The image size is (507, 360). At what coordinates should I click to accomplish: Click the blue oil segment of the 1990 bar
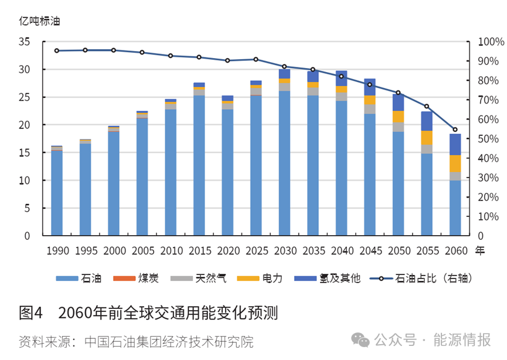coord(57,193)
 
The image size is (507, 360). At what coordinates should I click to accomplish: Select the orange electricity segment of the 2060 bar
coord(455,164)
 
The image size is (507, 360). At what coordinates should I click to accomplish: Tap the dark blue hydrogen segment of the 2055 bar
coord(427,121)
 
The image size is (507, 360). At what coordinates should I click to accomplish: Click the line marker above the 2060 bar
coord(455,130)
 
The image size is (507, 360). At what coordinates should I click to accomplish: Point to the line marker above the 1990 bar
coord(57,51)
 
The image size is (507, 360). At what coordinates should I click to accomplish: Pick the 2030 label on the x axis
coord(284,251)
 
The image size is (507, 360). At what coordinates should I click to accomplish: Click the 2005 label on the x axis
coord(142,251)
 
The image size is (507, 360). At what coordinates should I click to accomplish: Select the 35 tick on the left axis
coord(24,42)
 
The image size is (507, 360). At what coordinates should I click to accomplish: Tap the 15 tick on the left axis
coord(24,153)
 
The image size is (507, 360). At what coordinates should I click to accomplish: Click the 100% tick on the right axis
coord(491,42)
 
